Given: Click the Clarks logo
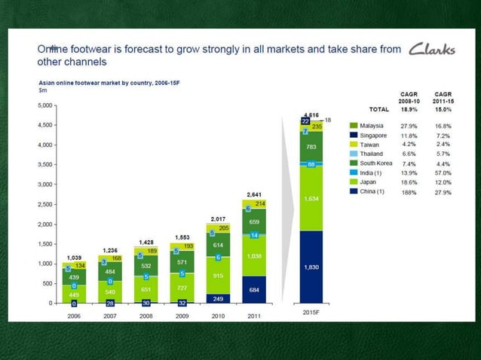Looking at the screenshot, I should tap(433, 50).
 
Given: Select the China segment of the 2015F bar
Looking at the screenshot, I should tap(311, 267).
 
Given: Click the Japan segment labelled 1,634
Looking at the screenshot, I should tap(311, 199).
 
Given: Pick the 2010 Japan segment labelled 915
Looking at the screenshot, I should tap(218, 276).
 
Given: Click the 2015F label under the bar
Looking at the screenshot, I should tap(311, 312).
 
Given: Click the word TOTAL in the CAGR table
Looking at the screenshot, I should tap(378, 109).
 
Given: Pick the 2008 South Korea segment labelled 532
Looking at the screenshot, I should tap(146, 266).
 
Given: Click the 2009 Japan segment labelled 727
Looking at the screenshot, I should tap(182, 288).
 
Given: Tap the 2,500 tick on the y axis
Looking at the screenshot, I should tap(45, 204).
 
